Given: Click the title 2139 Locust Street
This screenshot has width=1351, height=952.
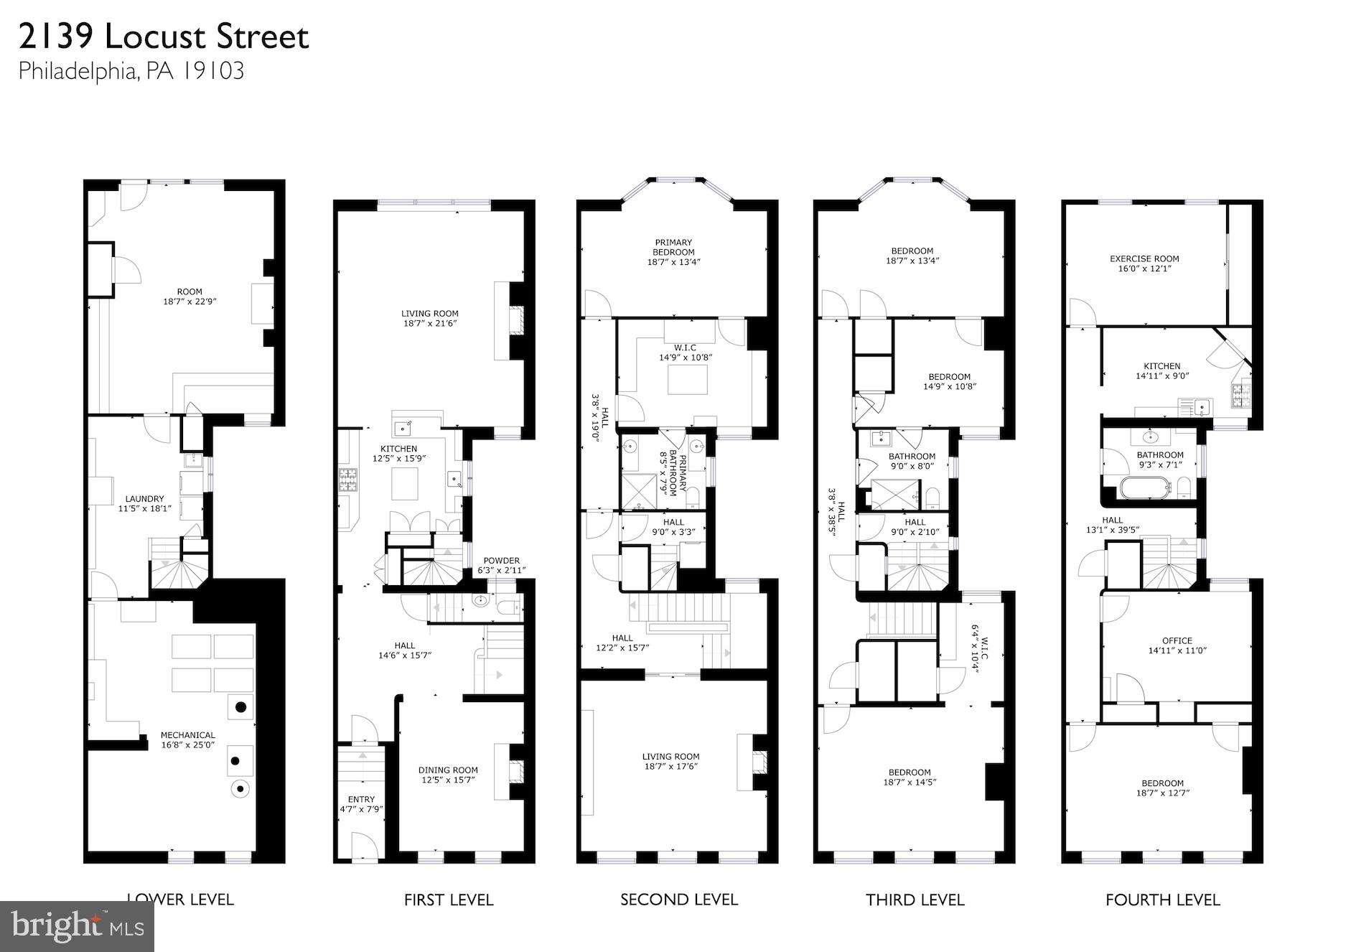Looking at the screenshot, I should [164, 37].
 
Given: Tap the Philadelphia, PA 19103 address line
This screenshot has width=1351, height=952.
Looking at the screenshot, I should [131, 71].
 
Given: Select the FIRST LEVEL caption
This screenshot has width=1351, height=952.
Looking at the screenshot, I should [448, 900].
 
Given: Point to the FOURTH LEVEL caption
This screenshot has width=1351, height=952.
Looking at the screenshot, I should [1162, 900].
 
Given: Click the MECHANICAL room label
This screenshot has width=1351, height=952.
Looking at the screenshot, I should [187, 734].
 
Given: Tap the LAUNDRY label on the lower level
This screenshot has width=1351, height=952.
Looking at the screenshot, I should [144, 498].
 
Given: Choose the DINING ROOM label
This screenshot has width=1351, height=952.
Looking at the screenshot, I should [448, 770].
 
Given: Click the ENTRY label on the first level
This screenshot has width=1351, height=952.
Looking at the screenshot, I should [361, 799].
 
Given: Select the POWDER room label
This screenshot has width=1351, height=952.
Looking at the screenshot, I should [501, 561].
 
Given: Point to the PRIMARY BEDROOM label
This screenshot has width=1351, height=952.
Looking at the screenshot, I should [673, 247].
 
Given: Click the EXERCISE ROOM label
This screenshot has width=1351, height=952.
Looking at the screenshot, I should [1144, 258].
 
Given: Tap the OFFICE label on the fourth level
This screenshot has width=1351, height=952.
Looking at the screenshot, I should [1177, 640].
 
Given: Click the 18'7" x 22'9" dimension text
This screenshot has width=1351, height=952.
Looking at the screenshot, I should [190, 302].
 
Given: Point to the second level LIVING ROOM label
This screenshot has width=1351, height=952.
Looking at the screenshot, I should [670, 756].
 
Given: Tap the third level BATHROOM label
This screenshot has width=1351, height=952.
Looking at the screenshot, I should [912, 456].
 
